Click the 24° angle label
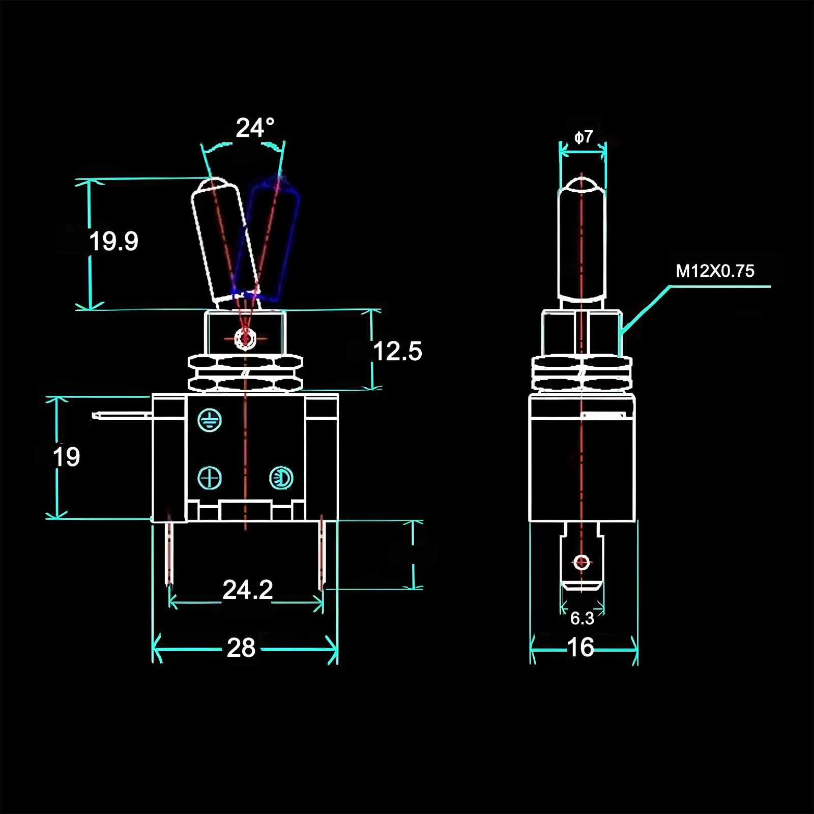(254, 128)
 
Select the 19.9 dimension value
(113, 241)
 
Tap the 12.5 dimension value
(397, 352)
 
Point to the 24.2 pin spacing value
(248, 590)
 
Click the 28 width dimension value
(241, 648)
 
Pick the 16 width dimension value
(580, 648)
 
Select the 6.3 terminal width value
(582, 618)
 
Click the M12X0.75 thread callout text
(715, 271)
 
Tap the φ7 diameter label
(584, 137)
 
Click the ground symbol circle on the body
(210, 420)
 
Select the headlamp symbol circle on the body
(281, 478)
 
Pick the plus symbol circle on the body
(210, 478)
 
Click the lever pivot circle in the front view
(246, 338)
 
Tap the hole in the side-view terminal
(582, 563)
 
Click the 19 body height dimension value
(67, 457)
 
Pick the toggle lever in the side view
(582, 239)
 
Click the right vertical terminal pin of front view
(322, 555)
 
